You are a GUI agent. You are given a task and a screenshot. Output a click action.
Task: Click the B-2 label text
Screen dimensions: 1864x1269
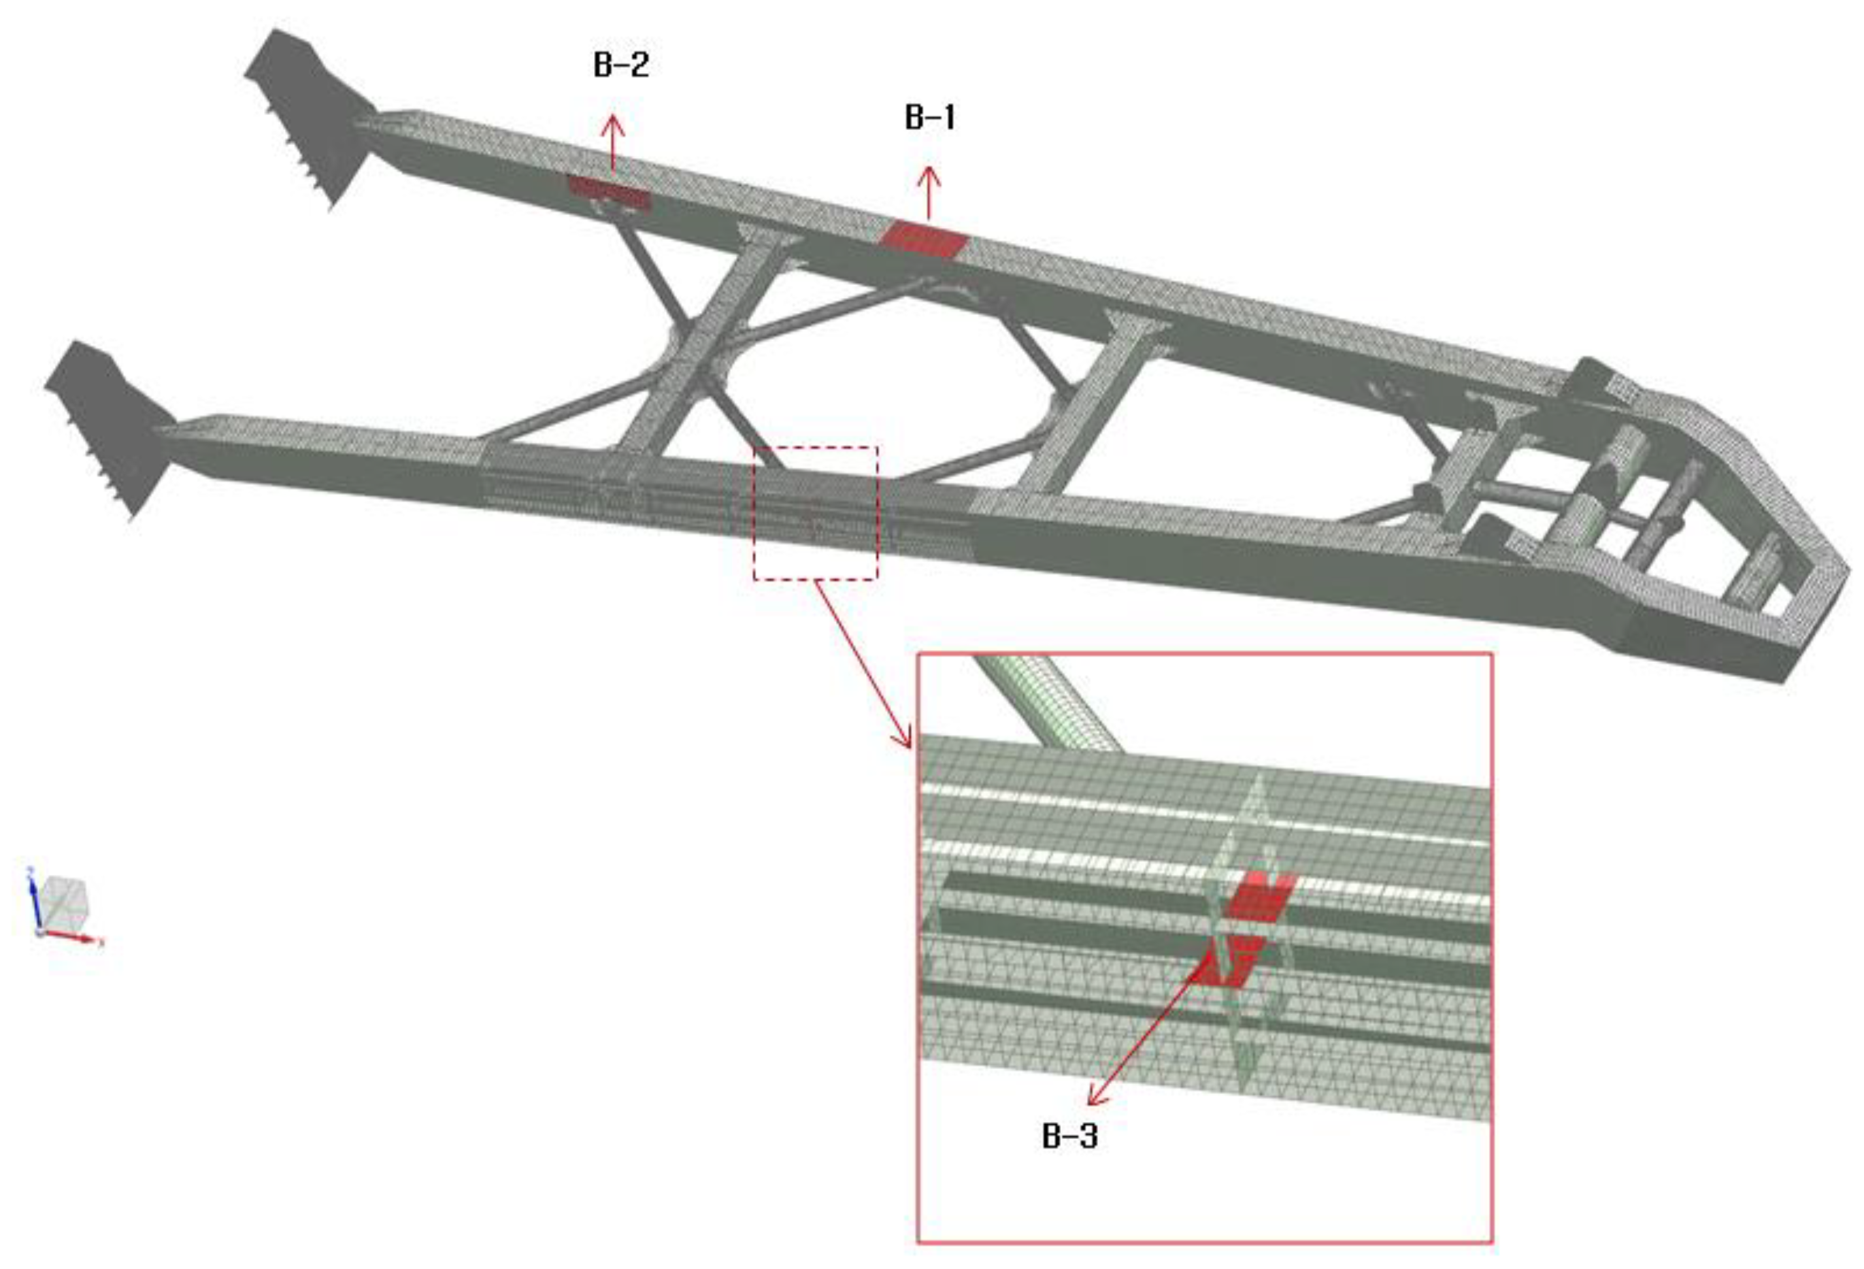[621, 65]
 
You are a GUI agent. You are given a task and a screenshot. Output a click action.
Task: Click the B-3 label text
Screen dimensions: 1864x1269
[1069, 1136]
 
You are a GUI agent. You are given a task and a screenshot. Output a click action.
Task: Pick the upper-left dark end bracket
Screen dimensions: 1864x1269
[308, 116]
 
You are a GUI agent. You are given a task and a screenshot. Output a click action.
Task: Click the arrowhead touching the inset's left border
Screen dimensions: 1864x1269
[904, 736]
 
